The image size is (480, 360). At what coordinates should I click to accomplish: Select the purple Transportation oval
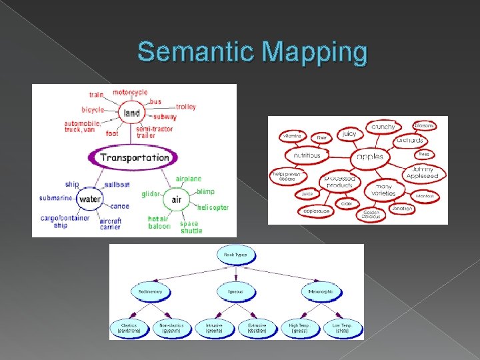click(133, 158)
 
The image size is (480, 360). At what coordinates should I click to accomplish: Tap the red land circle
click(131, 113)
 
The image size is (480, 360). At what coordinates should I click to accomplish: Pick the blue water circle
click(89, 199)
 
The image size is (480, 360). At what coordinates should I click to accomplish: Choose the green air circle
click(176, 199)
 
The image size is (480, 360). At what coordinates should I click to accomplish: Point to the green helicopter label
click(213, 207)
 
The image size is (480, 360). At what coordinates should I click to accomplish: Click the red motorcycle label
click(130, 92)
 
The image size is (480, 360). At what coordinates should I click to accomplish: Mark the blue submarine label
click(55, 198)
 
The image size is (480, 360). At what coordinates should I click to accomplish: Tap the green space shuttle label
click(191, 227)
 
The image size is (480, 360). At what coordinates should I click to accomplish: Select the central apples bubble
click(370, 157)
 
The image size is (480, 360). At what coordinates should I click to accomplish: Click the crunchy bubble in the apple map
click(383, 127)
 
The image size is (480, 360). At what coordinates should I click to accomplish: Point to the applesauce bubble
click(316, 211)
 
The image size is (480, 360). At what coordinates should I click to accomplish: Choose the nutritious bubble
click(307, 155)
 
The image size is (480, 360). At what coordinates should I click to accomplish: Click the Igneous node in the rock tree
click(235, 291)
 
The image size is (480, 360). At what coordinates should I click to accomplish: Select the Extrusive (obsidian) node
click(257, 328)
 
